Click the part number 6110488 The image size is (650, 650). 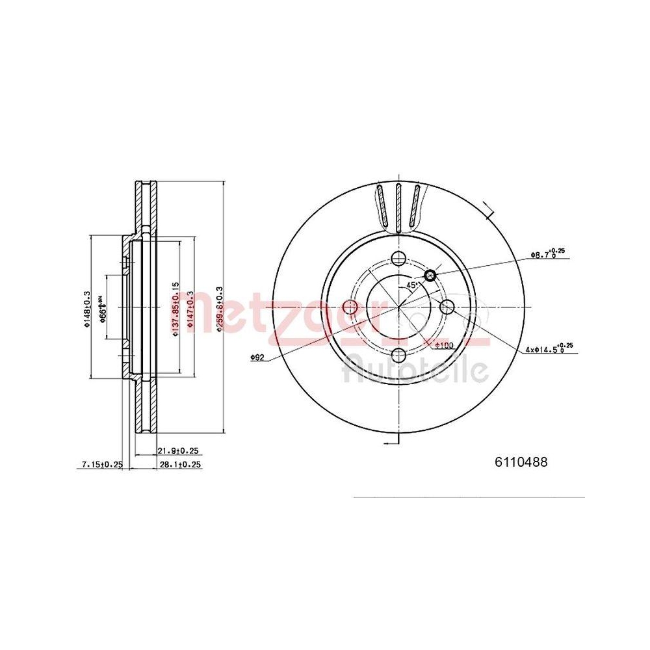tap(521, 462)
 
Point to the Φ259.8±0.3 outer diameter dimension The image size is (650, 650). tap(219, 309)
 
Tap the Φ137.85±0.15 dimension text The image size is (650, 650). tap(174, 309)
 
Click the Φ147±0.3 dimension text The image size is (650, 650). tap(190, 309)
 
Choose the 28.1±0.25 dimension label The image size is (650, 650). tap(178, 464)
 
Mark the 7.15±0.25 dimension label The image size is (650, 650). tap(101, 464)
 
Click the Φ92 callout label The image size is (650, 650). tap(257, 356)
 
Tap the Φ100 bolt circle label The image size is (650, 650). tap(444, 344)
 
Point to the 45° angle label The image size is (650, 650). tap(411, 285)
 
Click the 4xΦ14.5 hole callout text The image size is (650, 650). tap(549, 350)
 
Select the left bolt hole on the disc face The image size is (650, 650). tap(350, 307)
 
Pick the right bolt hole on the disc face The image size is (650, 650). tap(447, 306)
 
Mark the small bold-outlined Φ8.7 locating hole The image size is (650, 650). tap(430, 276)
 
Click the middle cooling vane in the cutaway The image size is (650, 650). tap(398, 207)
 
